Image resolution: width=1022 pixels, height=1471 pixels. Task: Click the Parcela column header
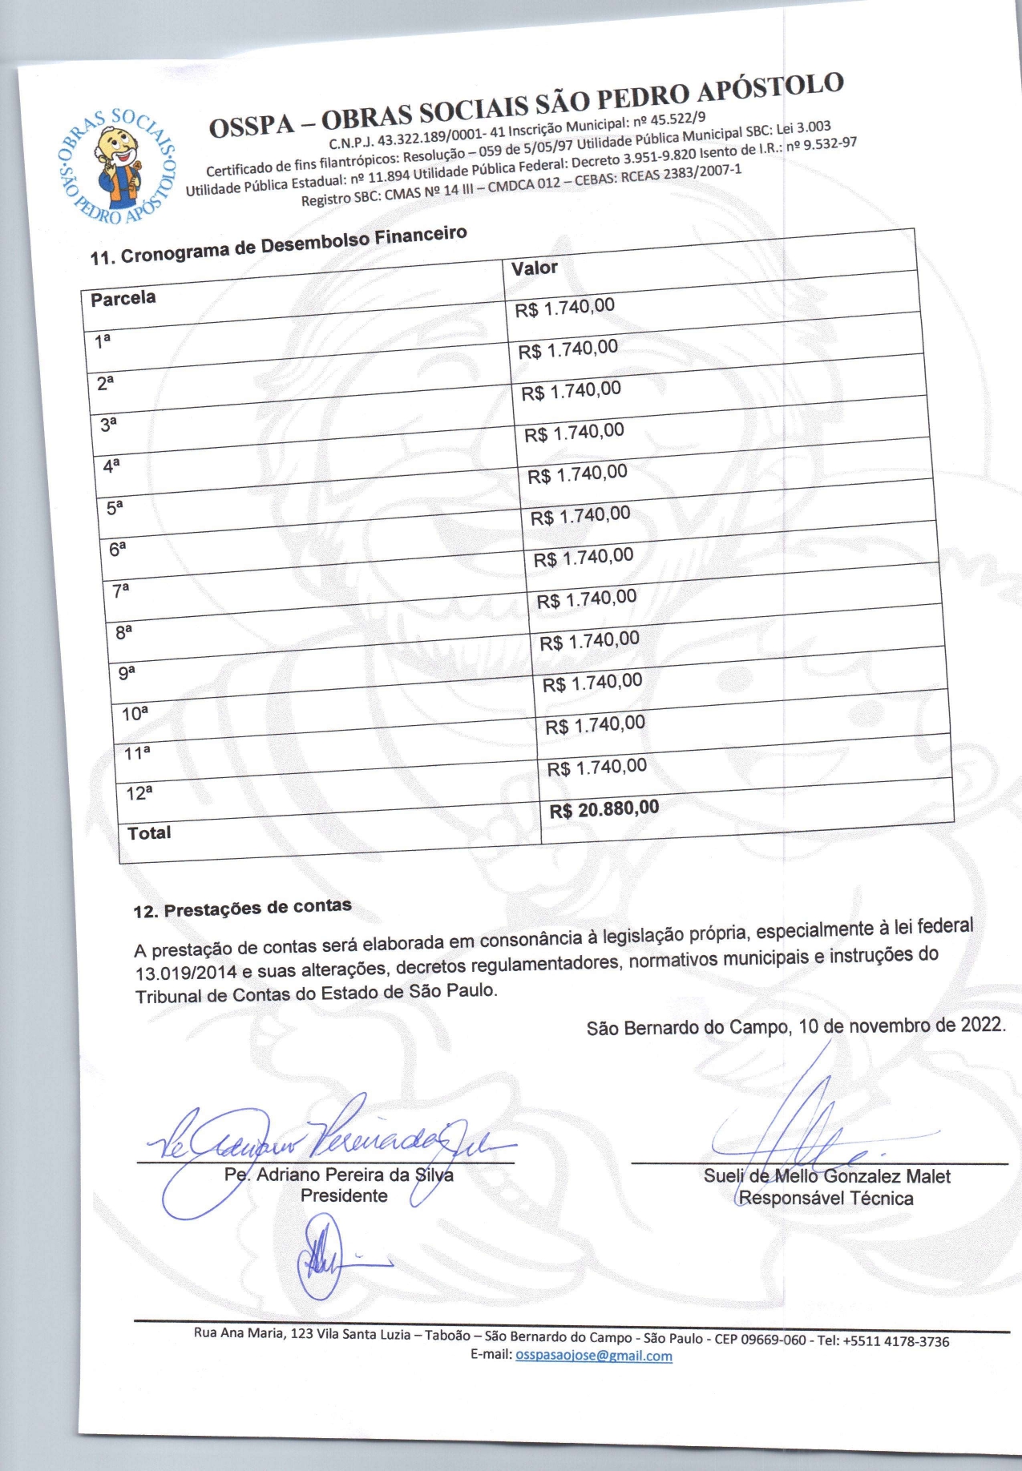(123, 299)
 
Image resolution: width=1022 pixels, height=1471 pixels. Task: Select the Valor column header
(535, 268)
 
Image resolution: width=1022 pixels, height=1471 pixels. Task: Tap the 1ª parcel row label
(103, 341)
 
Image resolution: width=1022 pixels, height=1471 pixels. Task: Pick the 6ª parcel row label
(118, 549)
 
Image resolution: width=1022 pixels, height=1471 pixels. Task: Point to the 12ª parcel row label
(139, 793)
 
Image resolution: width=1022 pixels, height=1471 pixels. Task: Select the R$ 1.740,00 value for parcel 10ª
(592, 683)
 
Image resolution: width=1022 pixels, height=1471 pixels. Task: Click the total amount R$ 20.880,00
(604, 808)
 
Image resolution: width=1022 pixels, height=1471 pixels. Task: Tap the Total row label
(149, 832)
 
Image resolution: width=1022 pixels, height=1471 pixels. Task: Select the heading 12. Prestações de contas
(242, 909)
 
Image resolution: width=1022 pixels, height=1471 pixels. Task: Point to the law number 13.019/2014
(186, 973)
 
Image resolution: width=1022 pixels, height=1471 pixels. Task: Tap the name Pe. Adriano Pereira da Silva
(339, 1175)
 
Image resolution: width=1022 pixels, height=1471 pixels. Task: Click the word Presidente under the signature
(344, 1195)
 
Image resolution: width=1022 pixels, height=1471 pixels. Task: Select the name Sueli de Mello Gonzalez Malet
(826, 1176)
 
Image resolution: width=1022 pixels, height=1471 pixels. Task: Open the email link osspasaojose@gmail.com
(594, 1356)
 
